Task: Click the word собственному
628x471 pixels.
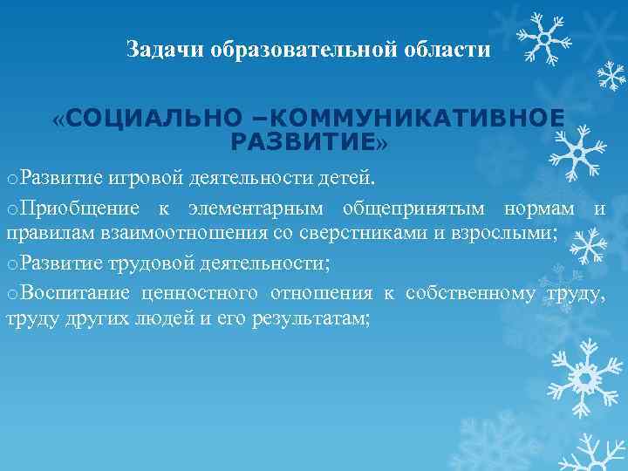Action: tap(470, 293)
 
